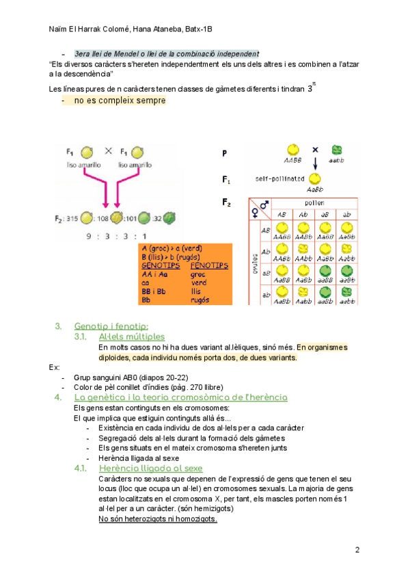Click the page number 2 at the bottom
tap(357, 550)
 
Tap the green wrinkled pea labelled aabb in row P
tap(337, 150)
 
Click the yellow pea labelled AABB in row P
tap(292, 150)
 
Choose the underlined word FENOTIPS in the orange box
tap(209, 265)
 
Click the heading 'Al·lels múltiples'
tap(131, 337)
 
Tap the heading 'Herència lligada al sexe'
tap(150, 468)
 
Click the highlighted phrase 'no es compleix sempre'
tap(120, 101)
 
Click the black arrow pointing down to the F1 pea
tap(315, 163)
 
